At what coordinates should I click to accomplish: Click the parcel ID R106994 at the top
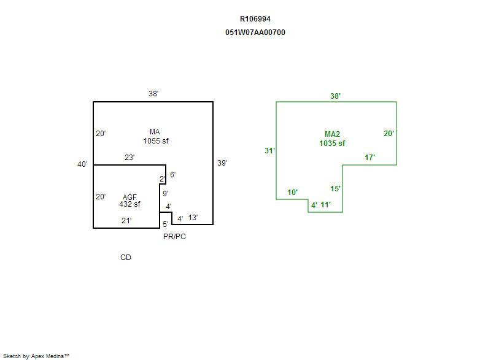255,19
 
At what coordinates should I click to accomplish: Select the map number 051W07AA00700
255,33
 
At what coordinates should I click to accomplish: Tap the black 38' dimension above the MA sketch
153,94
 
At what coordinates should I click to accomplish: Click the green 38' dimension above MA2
335,96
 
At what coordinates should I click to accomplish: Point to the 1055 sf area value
156,141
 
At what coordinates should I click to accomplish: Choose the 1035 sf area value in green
332,143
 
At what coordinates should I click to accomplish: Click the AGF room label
129,197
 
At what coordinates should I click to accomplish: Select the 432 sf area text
130,204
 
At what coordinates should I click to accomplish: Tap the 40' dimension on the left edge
82,164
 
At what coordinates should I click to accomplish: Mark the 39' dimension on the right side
222,163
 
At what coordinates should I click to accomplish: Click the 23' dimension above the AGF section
130,158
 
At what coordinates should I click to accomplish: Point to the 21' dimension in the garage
126,220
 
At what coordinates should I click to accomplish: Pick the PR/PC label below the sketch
174,237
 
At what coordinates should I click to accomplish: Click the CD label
125,258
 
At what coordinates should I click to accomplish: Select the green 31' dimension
269,151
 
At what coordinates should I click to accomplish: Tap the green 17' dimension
369,158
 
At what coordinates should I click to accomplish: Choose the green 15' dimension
335,189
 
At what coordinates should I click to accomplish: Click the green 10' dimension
293,193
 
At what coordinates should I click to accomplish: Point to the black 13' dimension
193,218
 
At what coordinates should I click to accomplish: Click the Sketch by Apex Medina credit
36,356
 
